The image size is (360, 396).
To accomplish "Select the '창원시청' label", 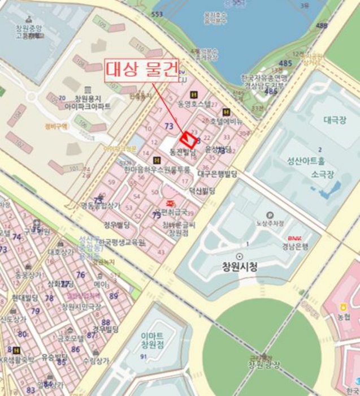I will click(x=240, y=266).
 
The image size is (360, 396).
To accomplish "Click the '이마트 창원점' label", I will click(x=152, y=340).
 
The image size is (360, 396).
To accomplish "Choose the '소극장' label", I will click(x=322, y=175).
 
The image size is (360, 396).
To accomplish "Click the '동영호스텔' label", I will click(x=194, y=104).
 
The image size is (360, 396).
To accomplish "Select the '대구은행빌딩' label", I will click(x=218, y=174).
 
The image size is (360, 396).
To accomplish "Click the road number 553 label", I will click(x=157, y=14).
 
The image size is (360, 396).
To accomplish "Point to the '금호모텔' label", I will click(x=71, y=338).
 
